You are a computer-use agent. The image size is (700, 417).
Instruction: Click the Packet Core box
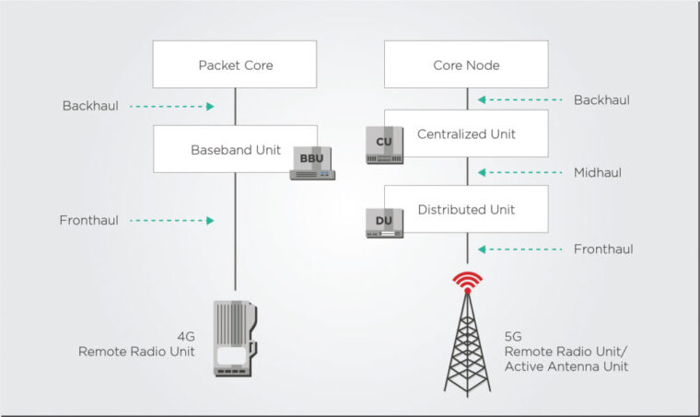[x=235, y=65]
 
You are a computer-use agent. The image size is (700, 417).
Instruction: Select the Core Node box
[x=465, y=65]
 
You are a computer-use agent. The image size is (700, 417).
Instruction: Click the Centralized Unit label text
[x=466, y=134]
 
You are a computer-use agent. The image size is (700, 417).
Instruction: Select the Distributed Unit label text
[x=466, y=210]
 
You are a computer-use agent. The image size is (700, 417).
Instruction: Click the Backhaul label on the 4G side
[x=90, y=106]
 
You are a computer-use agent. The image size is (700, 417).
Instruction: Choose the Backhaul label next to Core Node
[x=601, y=99]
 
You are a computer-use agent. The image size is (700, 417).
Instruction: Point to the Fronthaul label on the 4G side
[x=89, y=220]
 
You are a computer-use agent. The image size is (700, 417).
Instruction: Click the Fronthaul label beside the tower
[x=603, y=249]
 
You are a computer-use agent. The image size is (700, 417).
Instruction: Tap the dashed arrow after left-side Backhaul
[x=172, y=107]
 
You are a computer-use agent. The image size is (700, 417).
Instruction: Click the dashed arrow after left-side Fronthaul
[x=172, y=221]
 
